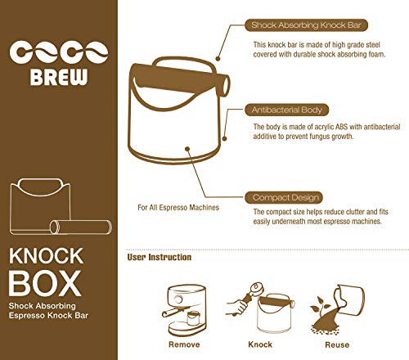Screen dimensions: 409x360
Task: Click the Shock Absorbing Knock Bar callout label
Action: pyautogui.click(x=306, y=25)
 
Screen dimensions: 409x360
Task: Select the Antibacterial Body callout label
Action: pyautogui.click(x=286, y=110)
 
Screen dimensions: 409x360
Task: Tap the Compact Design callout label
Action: pyautogui.click(x=284, y=197)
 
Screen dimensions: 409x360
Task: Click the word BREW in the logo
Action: pyautogui.click(x=59, y=77)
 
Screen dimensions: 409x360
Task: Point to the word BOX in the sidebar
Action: pyautogui.click(x=45, y=283)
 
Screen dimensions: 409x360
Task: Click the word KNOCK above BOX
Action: pyautogui.click(x=46, y=256)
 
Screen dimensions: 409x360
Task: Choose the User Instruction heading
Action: pyautogui.click(x=160, y=257)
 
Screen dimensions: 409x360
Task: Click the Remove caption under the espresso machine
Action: pyautogui.click(x=184, y=344)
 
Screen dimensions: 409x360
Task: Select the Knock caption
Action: pyautogui.click(x=260, y=344)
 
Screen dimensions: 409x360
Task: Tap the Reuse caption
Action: pyautogui.click(x=337, y=344)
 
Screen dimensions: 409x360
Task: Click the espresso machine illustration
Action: pyautogui.click(x=184, y=310)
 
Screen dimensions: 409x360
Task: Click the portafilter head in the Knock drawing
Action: pyautogui.click(x=257, y=289)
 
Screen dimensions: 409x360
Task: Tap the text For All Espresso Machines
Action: pyautogui.click(x=178, y=208)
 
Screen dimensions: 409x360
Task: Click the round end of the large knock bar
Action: pyautogui.click(x=223, y=85)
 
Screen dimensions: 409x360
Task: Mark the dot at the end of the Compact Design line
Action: pyautogui.click(x=187, y=149)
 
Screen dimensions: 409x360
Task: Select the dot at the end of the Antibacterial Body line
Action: pyautogui.click(x=224, y=138)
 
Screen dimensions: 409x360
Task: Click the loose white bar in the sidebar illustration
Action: pyautogui.click(x=81, y=227)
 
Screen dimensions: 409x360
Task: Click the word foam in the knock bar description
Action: pyautogui.click(x=377, y=54)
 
